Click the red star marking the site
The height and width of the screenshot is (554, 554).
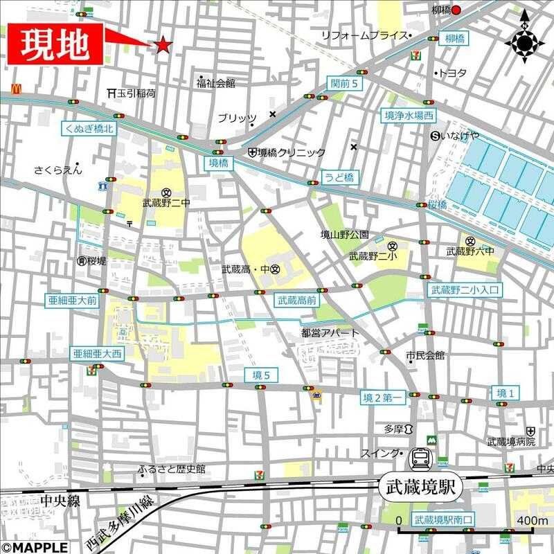click(x=163, y=45)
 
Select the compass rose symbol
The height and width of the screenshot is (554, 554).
click(x=524, y=42)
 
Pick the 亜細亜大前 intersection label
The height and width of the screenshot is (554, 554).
click(x=73, y=301)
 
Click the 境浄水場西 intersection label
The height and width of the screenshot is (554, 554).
click(x=410, y=116)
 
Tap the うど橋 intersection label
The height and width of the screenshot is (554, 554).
click(x=339, y=177)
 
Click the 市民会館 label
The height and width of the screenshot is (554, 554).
click(x=425, y=356)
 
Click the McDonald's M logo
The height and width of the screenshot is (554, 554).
click(x=16, y=87)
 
